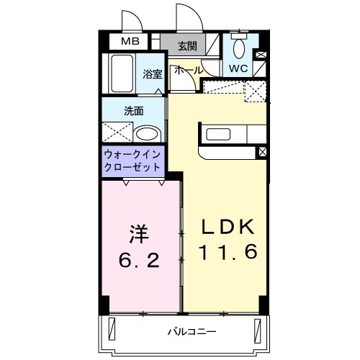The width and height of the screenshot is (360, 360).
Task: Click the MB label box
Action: tap(130, 42)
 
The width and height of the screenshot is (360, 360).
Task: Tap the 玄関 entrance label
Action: tap(186, 46)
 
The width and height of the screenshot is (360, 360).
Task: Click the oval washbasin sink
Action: tap(148, 134)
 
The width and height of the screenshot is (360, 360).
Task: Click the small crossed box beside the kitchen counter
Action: tap(262, 152)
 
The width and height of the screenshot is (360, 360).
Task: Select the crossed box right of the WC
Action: tap(261, 55)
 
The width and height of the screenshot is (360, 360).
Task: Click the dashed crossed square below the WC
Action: tap(255, 91)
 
